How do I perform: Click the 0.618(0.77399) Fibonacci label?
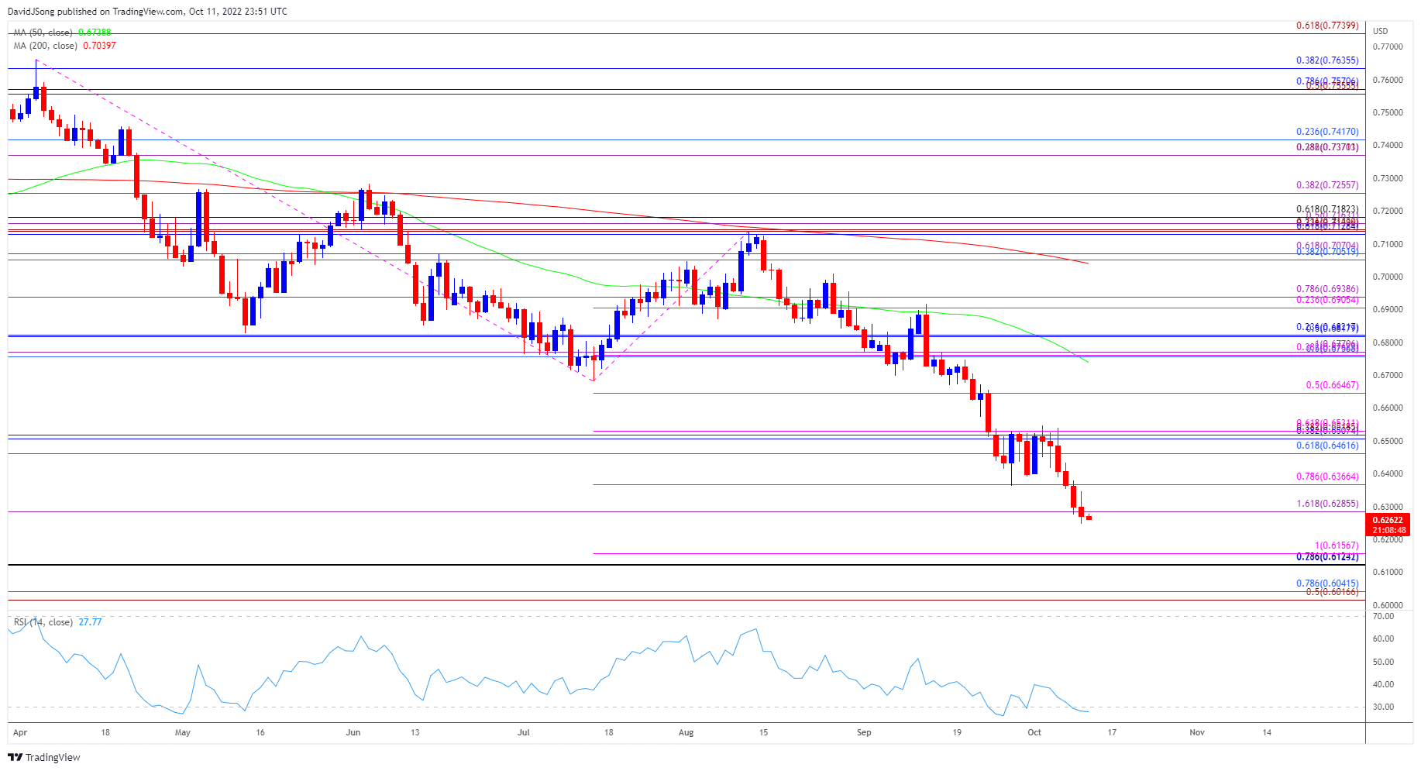pyautogui.click(x=1326, y=26)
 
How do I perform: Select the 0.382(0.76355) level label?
pyautogui.click(x=1326, y=60)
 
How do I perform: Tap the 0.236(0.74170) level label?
pyautogui.click(x=1326, y=133)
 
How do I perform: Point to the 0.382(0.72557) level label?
pyautogui.click(x=1326, y=186)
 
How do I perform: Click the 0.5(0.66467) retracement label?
pyautogui.click(x=1331, y=385)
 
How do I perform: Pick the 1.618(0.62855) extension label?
pyautogui.click(x=1326, y=504)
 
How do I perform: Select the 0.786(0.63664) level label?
pyautogui.click(x=1326, y=477)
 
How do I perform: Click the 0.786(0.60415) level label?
pyautogui.click(x=1326, y=583)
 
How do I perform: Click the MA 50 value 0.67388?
pyautogui.click(x=95, y=33)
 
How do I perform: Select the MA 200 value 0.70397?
pyautogui.click(x=99, y=46)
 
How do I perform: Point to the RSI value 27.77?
pyautogui.click(x=90, y=622)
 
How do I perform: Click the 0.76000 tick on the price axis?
pyautogui.click(x=1387, y=80)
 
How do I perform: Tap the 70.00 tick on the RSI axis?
pyautogui.click(x=1383, y=617)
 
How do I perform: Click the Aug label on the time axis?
pyautogui.click(x=686, y=732)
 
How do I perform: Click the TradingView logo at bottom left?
pyautogui.click(x=45, y=757)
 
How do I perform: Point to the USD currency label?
pyautogui.click(x=1380, y=31)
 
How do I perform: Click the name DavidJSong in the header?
pyautogui.click(x=32, y=12)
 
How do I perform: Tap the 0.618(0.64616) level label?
pyautogui.click(x=1326, y=446)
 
